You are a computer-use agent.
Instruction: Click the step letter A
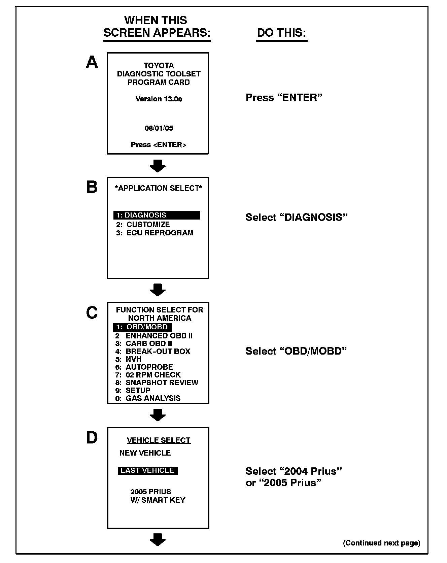tap(92, 62)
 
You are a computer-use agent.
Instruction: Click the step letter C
tap(92, 312)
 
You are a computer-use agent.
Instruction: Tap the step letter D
tap(92, 438)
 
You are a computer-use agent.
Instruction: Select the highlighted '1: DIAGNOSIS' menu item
tap(157, 215)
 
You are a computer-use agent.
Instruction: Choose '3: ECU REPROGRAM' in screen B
tap(155, 233)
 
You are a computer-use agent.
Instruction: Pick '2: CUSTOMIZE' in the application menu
tap(143, 225)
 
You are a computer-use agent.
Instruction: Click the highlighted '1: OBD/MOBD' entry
tap(142, 327)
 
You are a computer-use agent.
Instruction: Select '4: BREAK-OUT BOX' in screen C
tap(153, 351)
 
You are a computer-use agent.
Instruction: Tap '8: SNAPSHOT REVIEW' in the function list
tap(157, 383)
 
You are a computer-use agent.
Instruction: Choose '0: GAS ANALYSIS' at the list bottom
tap(148, 398)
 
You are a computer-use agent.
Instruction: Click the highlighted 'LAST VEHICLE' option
tap(147, 470)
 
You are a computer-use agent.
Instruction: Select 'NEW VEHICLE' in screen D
tap(145, 453)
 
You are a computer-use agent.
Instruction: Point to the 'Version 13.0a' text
tap(159, 99)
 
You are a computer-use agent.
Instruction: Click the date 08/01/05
tap(159, 128)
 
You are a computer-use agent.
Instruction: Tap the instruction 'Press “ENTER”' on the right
tap(284, 98)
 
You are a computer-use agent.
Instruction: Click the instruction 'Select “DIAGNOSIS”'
tap(296, 217)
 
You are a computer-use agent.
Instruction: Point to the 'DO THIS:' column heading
tap(282, 33)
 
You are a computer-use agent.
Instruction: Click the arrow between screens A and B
tap(158, 166)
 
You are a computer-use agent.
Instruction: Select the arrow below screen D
tap(158, 540)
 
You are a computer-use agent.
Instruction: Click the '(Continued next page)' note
tap(381, 543)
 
